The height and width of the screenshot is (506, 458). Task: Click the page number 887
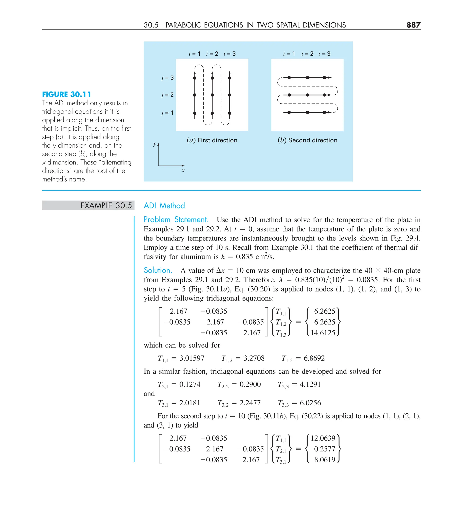[413, 25]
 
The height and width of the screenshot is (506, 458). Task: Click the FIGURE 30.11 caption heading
[66, 94]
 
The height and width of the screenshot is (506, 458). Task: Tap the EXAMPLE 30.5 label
[106, 206]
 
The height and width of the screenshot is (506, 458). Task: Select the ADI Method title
[164, 206]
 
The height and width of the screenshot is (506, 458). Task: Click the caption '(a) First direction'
[212, 140]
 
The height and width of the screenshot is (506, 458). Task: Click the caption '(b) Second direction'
[307, 140]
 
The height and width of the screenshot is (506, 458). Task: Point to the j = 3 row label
[168, 78]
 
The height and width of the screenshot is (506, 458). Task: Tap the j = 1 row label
[168, 113]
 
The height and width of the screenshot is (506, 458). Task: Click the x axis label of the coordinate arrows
[183, 170]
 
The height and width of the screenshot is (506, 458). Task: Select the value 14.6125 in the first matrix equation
[323, 333]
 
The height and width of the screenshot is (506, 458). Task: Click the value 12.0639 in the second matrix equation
[323, 438]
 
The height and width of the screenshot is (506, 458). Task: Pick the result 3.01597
[192, 358]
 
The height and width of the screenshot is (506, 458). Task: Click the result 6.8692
[314, 358]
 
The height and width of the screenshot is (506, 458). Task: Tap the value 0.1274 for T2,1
[190, 384]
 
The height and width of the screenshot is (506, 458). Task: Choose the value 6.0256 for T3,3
[310, 403]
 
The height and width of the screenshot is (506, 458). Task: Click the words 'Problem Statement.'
[176, 220]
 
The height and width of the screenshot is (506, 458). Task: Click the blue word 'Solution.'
[158, 270]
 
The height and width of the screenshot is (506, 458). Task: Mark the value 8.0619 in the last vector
[324, 460]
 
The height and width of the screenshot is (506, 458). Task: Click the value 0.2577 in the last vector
[324, 449]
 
